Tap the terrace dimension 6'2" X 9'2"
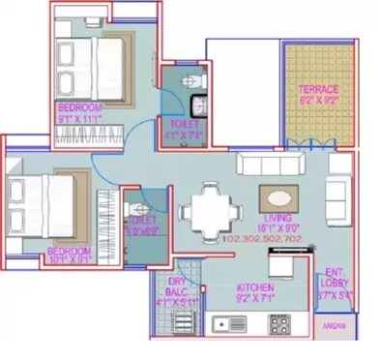pos(317,100)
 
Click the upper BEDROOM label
pos(78,107)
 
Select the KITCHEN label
pos(254,288)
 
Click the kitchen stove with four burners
pos(278,323)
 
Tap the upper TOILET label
pos(180,124)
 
